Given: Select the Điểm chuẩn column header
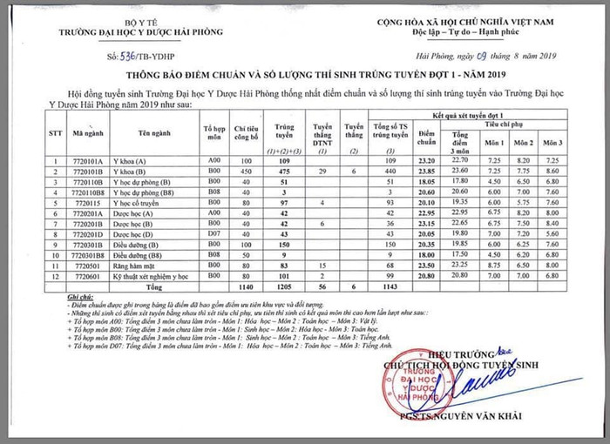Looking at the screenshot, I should (426, 138).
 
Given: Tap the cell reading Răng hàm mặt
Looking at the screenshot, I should (132, 264).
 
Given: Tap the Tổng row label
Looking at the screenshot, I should (154, 286).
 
